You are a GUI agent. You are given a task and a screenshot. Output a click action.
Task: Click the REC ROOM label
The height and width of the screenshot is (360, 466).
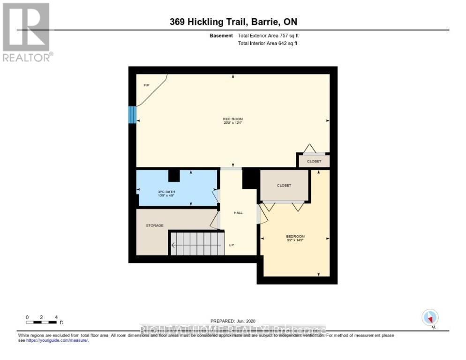point(233,119)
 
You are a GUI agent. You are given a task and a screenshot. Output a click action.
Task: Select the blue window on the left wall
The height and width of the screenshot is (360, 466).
point(132,115)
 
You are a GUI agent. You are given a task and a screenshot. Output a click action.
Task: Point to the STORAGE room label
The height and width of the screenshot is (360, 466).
point(154,225)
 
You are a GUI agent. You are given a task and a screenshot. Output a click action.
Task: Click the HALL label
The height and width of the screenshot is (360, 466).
point(238,213)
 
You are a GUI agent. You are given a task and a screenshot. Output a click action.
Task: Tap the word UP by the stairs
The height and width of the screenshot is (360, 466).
point(231,245)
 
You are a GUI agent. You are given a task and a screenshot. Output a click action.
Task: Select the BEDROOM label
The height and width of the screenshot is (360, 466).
point(295,236)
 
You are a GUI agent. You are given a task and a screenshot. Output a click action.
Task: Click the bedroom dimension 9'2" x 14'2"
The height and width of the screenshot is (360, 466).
point(295,240)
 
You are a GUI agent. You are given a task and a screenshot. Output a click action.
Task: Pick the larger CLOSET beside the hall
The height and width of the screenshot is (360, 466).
point(284,185)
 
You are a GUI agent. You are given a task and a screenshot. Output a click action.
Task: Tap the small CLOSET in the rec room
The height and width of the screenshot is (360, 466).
point(314,161)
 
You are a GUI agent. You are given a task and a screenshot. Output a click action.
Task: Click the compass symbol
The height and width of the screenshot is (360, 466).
point(429,318)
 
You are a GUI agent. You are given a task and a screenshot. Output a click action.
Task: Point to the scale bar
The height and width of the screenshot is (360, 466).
point(42,322)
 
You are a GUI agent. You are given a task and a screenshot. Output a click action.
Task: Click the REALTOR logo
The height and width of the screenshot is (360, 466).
point(26,32)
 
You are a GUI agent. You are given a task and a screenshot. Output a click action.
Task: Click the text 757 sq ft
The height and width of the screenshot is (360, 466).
point(288,36)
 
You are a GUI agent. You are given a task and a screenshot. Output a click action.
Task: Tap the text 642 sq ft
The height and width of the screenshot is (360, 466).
point(287,43)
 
